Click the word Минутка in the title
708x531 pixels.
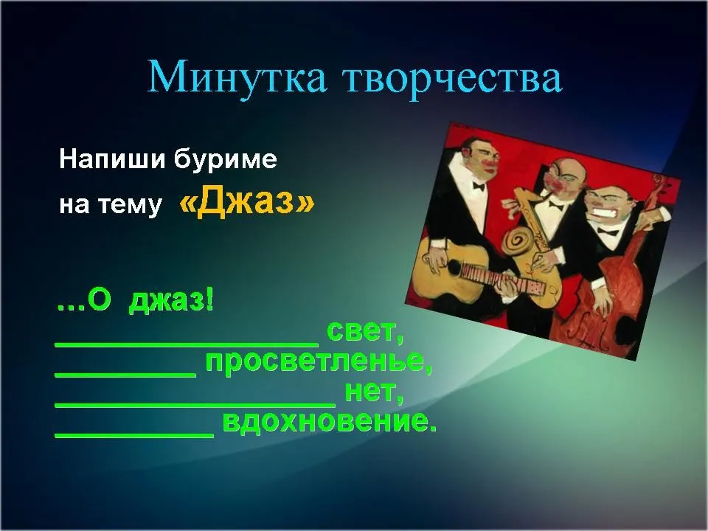pyautogui.click(x=237, y=77)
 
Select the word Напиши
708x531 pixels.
pyautogui.click(x=112, y=159)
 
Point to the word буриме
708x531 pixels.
pyautogui.click(x=225, y=159)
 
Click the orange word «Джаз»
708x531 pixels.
pyautogui.click(x=246, y=200)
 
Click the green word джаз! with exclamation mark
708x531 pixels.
pyautogui.click(x=172, y=300)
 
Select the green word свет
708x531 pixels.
pyautogui.click(x=365, y=332)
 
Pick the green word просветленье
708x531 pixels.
pyautogui.click(x=319, y=362)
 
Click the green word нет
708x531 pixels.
pyautogui.click(x=374, y=392)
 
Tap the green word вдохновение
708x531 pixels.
pyautogui.click(x=330, y=421)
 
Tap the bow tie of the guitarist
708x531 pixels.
pyautogui.click(x=479, y=186)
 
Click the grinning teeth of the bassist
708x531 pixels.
pyautogui.click(x=606, y=212)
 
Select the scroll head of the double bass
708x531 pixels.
pyautogui.click(x=662, y=182)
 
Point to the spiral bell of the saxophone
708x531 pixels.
pyautogui.click(x=518, y=240)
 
